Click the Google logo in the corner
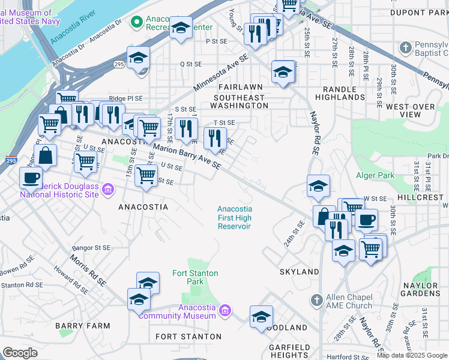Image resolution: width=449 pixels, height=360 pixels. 20,353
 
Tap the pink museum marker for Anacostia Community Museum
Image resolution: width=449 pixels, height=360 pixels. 224,310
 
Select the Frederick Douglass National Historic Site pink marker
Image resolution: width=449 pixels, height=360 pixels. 108,190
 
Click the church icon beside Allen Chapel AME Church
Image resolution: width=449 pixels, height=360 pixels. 317,299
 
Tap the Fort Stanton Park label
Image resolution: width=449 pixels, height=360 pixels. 195,277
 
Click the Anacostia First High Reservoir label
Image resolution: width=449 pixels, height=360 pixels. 234,217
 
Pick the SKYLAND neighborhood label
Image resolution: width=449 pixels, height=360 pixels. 300,272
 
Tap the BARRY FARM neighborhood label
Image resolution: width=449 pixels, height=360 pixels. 83,326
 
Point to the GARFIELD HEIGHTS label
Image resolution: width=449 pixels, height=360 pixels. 289,351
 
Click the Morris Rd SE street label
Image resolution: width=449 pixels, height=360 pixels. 87,273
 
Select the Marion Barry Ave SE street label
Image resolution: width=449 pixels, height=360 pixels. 185,158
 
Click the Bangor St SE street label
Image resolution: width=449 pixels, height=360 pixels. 91,247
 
